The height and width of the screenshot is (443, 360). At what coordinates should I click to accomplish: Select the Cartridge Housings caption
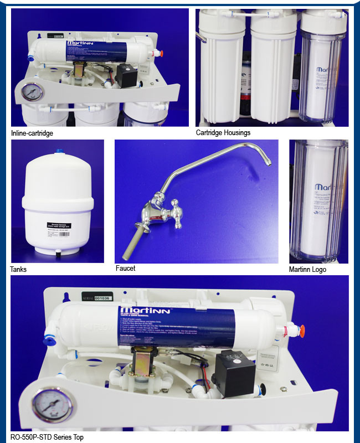click(x=223, y=133)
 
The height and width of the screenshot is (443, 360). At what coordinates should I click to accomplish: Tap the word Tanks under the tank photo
click(x=18, y=270)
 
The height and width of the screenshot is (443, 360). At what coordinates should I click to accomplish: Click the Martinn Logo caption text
click(x=308, y=270)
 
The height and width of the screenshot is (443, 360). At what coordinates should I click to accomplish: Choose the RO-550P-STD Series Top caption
click(x=47, y=437)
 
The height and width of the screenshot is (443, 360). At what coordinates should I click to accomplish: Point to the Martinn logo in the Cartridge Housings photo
click(x=327, y=71)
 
